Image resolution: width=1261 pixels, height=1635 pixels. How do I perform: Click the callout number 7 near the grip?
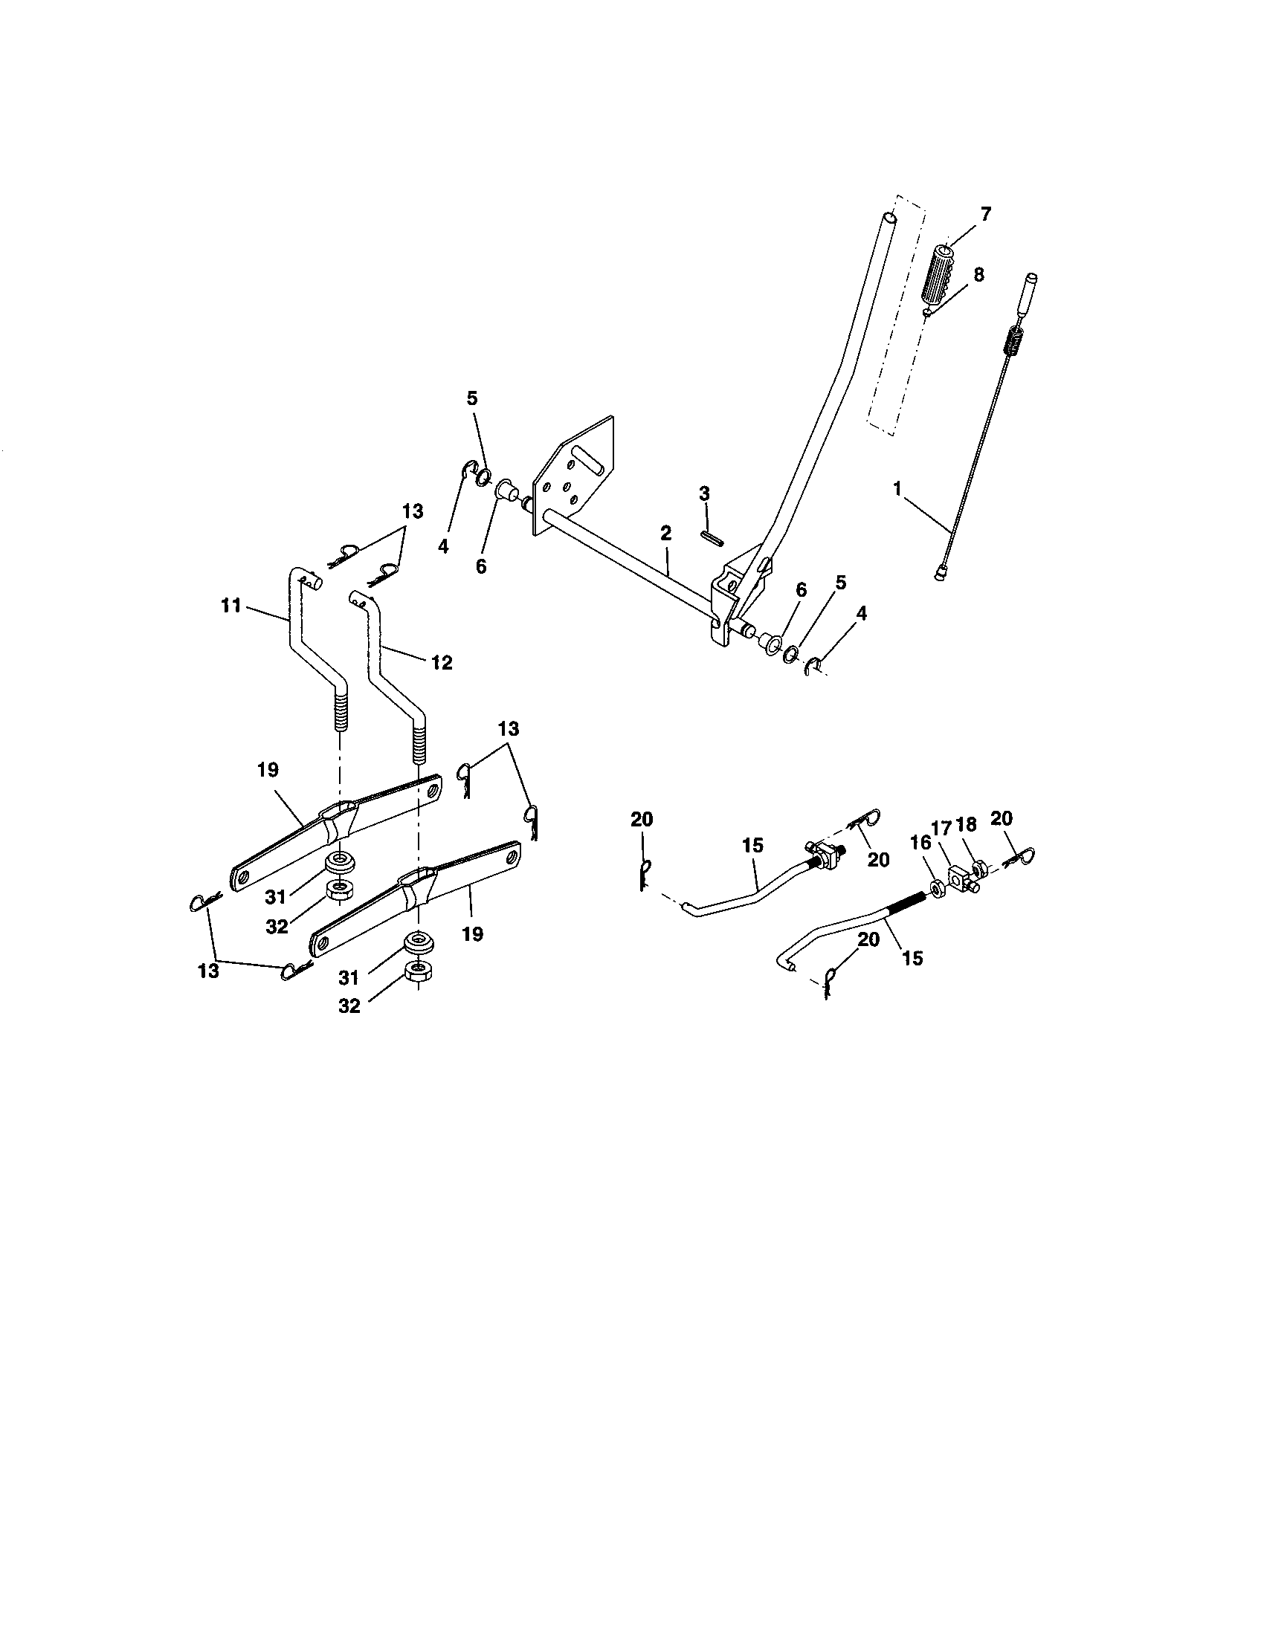984,215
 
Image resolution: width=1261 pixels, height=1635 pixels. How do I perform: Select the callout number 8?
978,275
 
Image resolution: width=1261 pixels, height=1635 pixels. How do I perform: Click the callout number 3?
704,494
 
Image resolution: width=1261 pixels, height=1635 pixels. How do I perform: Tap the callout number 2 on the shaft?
665,533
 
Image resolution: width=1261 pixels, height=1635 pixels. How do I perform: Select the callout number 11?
231,605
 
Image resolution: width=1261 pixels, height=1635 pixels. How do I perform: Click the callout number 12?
442,662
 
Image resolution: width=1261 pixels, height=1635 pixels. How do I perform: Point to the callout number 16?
920,842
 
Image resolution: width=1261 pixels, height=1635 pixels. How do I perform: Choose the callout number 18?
967,824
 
